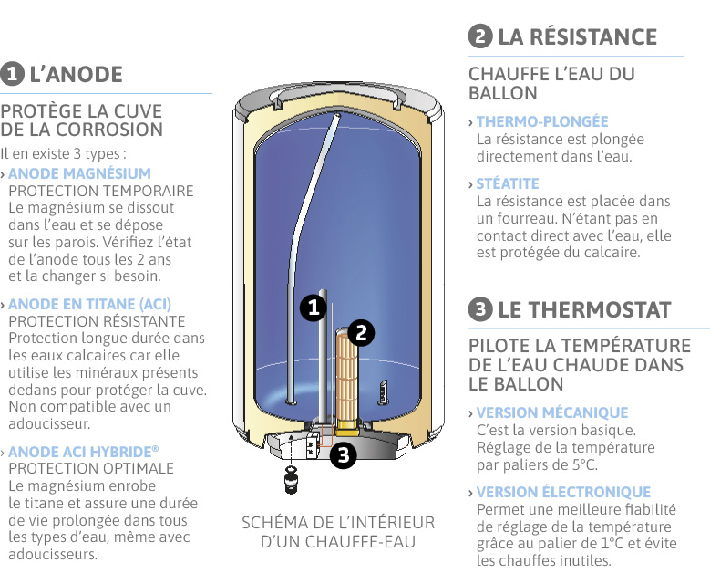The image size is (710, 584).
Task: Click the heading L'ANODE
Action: pos(76,74)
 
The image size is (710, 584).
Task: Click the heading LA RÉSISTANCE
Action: pos(577,37)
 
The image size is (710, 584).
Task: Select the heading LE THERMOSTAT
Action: pos(584,309)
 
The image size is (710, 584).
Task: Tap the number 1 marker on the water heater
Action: pos(313,308)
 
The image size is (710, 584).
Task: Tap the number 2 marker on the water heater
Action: pos(362,333)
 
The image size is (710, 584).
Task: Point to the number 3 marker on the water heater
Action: pos(342,454)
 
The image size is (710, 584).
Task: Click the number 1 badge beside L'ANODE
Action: pos(13,74)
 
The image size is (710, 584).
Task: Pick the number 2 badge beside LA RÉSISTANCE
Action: pos(480,37)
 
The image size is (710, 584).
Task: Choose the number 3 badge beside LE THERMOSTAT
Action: pos(480,309)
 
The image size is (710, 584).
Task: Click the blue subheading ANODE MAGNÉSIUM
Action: pos(79,173)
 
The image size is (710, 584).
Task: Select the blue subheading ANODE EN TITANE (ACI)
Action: pos(89,304)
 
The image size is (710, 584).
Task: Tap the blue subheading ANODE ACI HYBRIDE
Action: pos(83,452)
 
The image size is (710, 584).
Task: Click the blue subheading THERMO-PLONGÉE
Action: pos(542,121)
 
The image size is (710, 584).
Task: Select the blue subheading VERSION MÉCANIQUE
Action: pos(552,413)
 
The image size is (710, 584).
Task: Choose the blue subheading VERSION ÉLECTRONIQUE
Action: pos(563,493)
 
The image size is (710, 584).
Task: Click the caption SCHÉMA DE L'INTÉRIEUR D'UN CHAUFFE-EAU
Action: pos(338,532)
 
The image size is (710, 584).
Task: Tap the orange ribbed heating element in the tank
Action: pos(346,374)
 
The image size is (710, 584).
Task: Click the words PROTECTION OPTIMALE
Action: pos(90,469)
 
